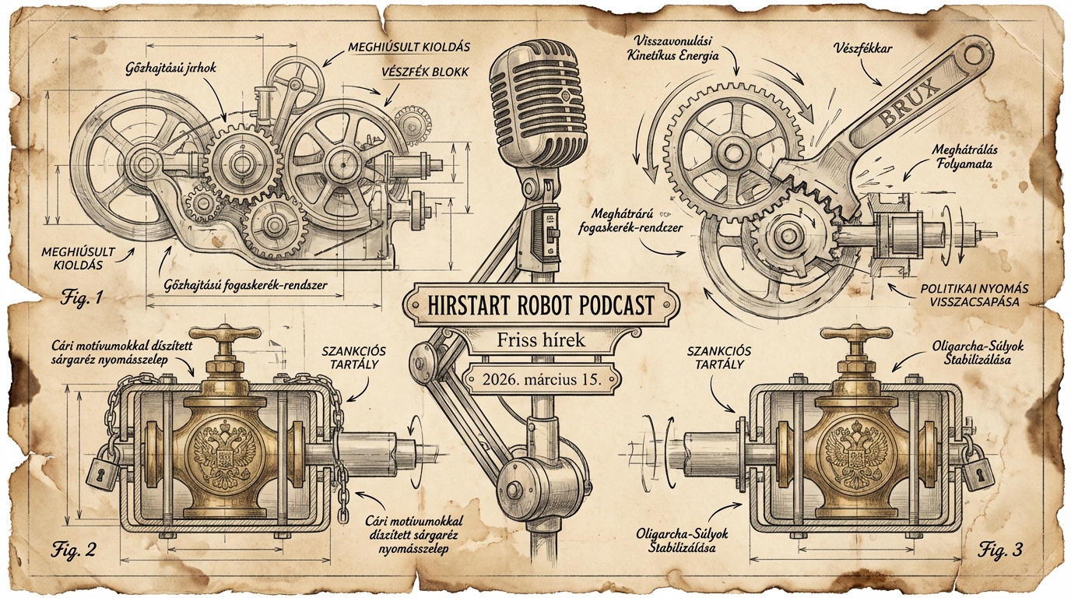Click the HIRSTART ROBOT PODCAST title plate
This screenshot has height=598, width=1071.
(540, 304)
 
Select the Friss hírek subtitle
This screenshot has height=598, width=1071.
(540, 341)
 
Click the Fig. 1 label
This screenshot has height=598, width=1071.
(83, 297)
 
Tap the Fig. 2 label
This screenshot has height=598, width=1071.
(74, 550)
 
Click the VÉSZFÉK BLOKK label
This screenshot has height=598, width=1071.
(424, 72)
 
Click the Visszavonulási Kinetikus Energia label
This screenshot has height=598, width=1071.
(676, 48)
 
